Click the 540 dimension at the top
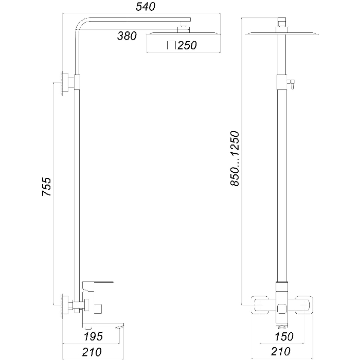coord(146,6)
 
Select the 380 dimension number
coord(127,36)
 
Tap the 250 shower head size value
coord(187,45)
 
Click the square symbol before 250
coord(171,45)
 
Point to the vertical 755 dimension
coord(47,186)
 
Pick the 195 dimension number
coord(93,336)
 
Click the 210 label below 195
coord(92,352)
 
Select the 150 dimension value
coord(284,336)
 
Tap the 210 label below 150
coord(281,351)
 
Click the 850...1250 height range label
coord(235,158)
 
